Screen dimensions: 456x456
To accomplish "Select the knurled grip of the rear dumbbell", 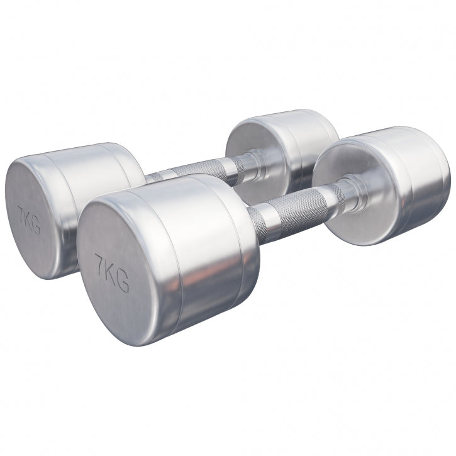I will [x=201, y=170].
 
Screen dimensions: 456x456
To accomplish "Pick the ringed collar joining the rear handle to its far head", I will [x=252, y=160].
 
